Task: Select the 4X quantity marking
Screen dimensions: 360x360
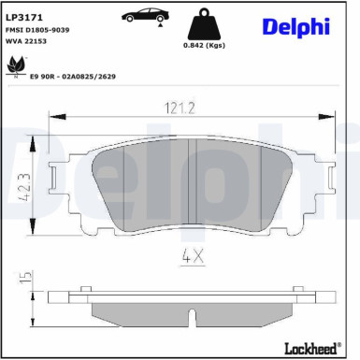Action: point(191,253)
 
